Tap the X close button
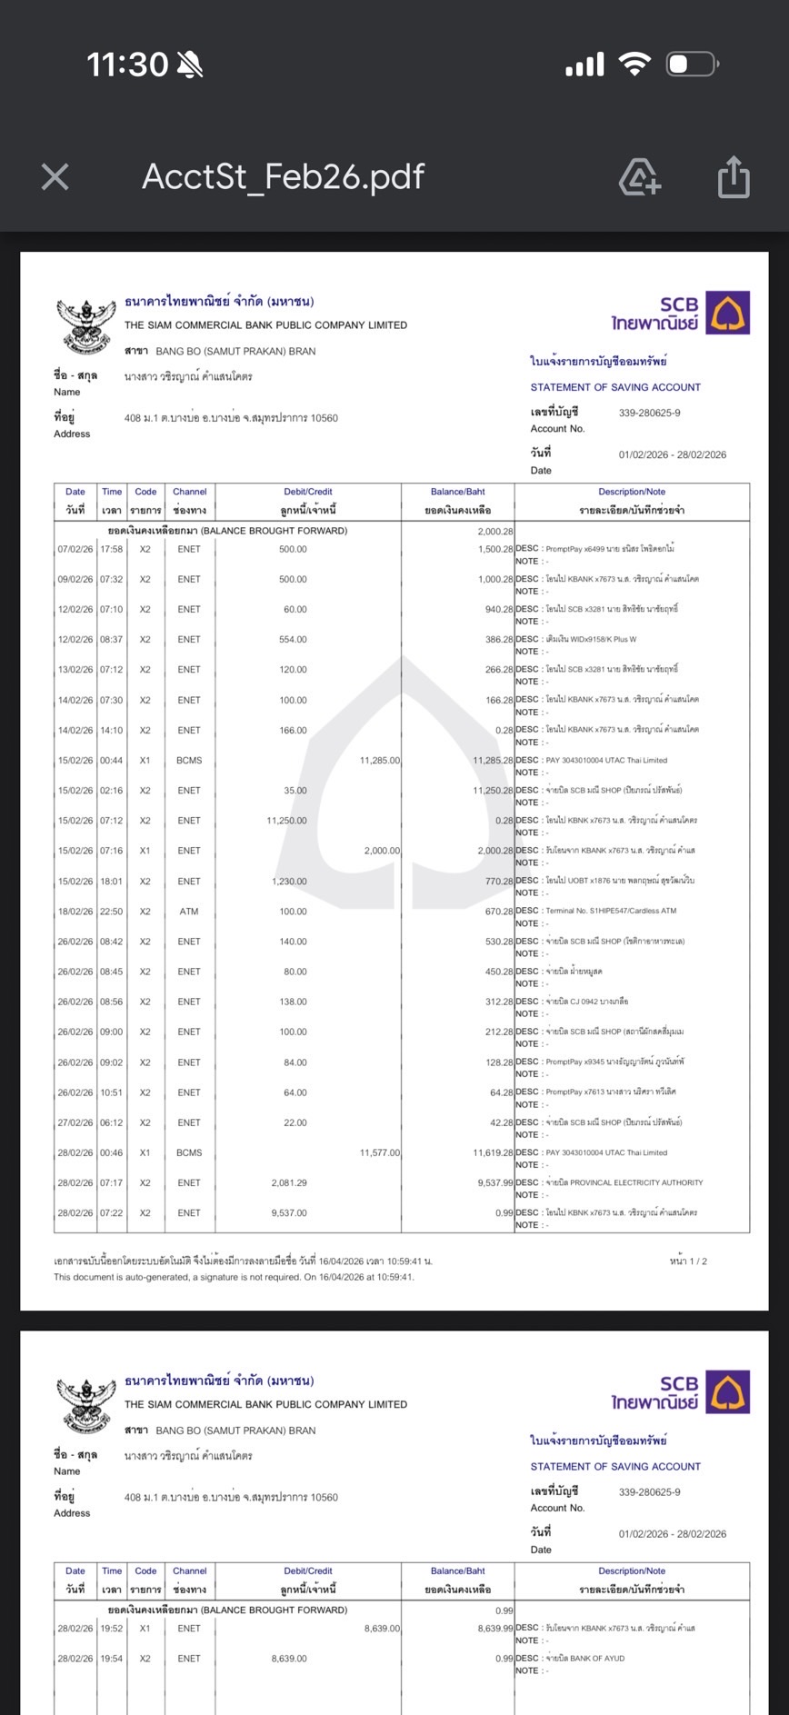tap(55, 177)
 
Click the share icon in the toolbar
tap(733, 177)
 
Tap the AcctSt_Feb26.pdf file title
tap(283, 177)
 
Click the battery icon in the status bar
tap(693, 65)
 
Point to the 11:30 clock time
tap(127, 65)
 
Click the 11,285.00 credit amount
tap(379, 761)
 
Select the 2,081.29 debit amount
tap(289, 1183)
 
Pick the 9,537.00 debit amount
tap(289, 1213)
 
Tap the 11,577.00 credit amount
tap(379, 1153)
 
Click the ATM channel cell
tap(189, 912)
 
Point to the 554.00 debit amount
tap(293, 640)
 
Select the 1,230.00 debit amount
tap(289, 882)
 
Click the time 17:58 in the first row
tap(112, 550)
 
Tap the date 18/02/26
tap(75, 912)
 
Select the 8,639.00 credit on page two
tap(382, 1629)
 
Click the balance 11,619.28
tap(493, 1153)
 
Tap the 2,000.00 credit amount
tap(382, 852)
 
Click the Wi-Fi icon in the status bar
tap(634, 65)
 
